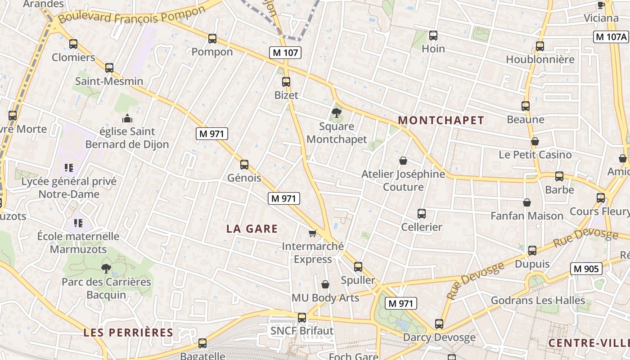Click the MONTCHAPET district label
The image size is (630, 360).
point(441,120)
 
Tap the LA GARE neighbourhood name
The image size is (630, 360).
point(252,229)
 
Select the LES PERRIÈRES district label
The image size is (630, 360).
point(128,333)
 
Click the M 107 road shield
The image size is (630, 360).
point(285,52)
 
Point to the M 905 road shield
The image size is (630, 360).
point(586,269)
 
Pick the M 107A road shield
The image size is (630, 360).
point(611,37)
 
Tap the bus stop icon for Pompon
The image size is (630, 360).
point(212,39)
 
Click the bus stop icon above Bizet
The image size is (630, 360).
point(286,82)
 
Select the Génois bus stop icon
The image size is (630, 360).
point(244,165)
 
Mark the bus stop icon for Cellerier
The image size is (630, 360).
point(422,214)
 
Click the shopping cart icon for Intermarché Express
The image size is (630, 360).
point(313,233)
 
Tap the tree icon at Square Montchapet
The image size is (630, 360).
point(336,112)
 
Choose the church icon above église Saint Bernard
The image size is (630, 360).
point(127,118)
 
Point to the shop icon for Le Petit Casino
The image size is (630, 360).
point(535,141)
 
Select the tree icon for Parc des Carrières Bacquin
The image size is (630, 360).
point(106,269)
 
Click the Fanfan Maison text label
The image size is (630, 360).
point(526,216)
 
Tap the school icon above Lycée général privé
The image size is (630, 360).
point(69,168)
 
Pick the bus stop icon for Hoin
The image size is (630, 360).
point(433,35)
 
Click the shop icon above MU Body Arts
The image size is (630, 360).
point(325,284)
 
